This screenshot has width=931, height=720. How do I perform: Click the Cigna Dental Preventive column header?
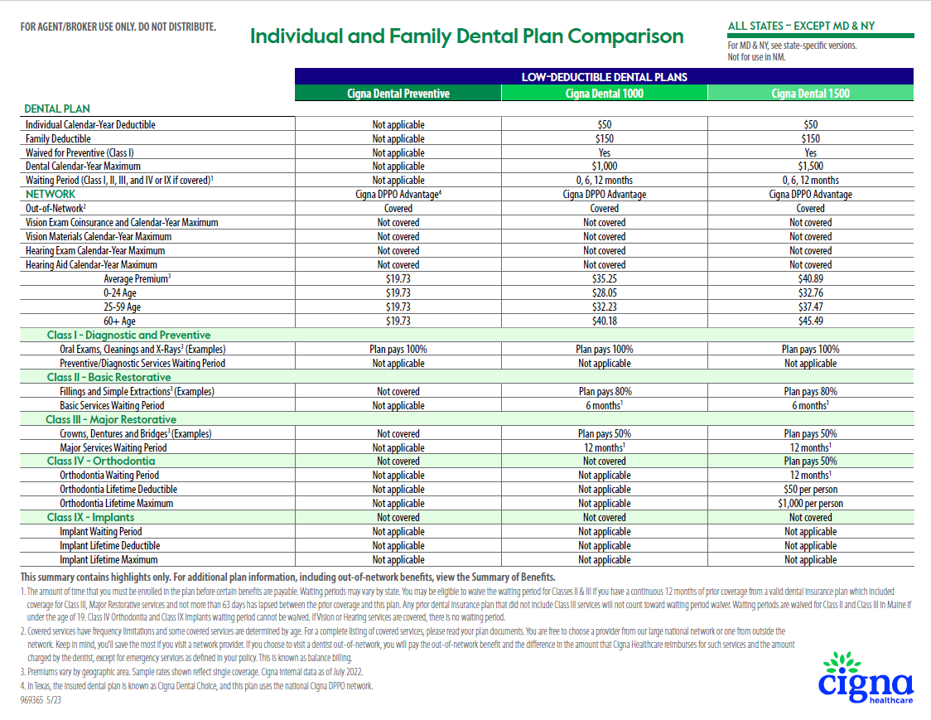point(398,94)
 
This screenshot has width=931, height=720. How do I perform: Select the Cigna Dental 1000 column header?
point(605,94)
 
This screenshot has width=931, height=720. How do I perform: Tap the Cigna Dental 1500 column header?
point(810,94)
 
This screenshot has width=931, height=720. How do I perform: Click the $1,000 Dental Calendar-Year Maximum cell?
point(605,167)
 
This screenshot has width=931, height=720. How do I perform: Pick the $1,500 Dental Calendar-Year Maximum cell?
point(810,167)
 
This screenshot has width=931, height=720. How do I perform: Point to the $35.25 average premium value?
point(605,279)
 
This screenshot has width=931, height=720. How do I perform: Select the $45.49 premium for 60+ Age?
point(810,321)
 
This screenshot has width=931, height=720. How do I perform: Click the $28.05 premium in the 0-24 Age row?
point(605,293)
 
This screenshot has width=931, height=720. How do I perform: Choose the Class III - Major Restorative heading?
point(111,419)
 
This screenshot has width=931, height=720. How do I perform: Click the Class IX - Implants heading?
point(90,517)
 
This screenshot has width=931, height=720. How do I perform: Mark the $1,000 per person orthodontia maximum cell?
point(810,504)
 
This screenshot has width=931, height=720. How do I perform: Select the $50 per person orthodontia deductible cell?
point(810,490)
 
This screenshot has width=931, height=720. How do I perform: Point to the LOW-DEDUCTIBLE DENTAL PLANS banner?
point(604,77)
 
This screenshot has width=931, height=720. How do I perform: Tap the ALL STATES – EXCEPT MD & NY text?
point(801,26)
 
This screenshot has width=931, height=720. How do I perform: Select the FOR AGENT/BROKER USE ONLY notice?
point(118,27)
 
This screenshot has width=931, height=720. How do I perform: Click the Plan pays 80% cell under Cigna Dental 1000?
point(605,392)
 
